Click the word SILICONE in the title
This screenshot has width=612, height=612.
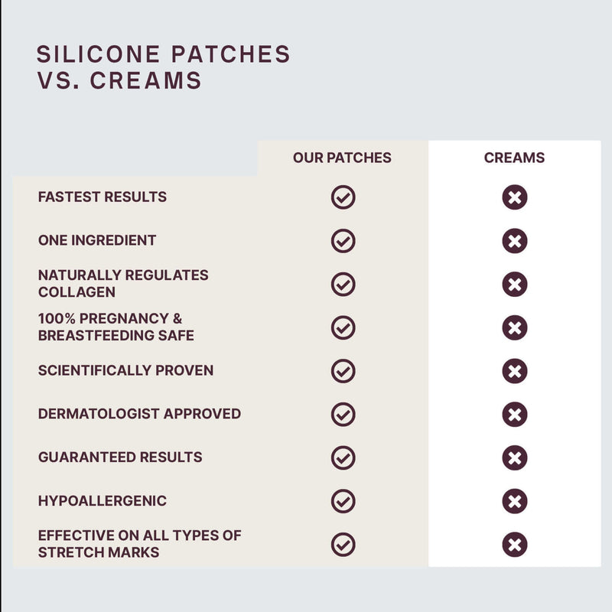tap(99, 54)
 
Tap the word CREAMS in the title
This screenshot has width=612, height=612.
tap(145, 80)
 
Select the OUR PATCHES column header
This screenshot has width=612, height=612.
tap(342, 158)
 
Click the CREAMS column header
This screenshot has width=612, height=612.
tap(514, 158)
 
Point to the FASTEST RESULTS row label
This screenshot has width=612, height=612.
tap(103, 197)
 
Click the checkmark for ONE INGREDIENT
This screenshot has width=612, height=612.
tap(343, 240)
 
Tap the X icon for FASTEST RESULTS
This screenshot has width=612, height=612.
tap(514, 197)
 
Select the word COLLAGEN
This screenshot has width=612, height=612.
tap(76, 292)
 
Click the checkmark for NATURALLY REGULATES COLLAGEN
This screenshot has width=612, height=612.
tap(343, 284)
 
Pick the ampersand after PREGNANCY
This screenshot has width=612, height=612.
tap(177, 318)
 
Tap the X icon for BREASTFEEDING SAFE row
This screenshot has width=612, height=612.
tap(514, 327)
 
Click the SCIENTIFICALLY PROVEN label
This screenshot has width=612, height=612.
tap(125, 370)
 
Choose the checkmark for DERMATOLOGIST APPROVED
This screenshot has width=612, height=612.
tap(343, 414)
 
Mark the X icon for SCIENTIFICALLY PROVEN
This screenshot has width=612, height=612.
tap(514, 371)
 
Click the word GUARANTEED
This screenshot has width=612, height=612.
tap(86, 457)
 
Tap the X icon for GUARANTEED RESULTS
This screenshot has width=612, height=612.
tap(514, 457)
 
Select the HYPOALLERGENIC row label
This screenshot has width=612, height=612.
tap(103, 501)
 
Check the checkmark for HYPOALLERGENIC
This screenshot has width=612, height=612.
tap(343, 501)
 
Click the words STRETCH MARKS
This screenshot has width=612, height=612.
tap(99, 552)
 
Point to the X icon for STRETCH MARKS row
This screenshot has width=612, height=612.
tap(514, 545)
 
